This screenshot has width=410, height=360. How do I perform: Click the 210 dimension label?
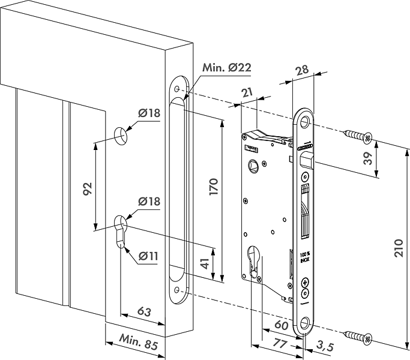click(399, 245)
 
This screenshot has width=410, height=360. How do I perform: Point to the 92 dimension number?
click(88, 189)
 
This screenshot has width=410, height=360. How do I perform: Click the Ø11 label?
click(148, 256)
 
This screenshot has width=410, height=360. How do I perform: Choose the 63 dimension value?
click(144, 311)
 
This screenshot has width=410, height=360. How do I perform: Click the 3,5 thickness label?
click(325, 346)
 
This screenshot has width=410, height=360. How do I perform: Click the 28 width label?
click(302, 70)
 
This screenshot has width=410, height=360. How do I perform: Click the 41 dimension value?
click(205, 263)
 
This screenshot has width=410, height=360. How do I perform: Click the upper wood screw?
click(358, 136)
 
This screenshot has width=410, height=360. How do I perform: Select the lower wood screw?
click(358, 336)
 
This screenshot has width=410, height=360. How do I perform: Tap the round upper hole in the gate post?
click(121, 136)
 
